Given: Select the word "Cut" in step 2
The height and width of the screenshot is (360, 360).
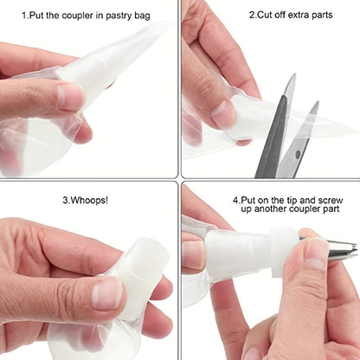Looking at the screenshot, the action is click(263, 15).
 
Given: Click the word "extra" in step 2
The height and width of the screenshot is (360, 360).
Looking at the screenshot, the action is click(300, 15).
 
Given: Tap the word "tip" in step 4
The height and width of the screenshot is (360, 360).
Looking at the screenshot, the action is click(288, 201).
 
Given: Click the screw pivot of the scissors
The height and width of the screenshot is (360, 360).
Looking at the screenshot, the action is click(298, 155).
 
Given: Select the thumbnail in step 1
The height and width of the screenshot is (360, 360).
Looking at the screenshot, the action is click(69, 97).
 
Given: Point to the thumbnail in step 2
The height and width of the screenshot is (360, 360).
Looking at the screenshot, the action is click(224, 113).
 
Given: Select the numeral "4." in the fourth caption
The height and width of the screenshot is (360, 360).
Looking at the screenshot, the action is click(236, 200).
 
